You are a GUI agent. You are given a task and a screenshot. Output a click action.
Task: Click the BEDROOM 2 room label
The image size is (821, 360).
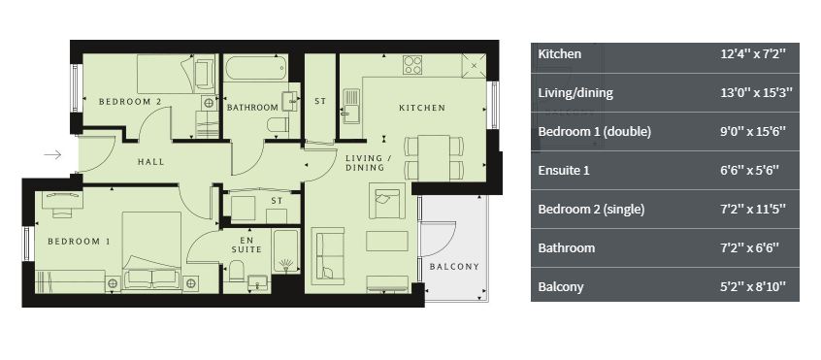point(130,102)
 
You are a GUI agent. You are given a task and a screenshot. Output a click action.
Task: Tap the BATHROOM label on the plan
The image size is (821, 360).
point(252,108)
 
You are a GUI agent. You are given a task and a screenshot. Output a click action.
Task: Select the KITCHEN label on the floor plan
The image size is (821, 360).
point(422,108)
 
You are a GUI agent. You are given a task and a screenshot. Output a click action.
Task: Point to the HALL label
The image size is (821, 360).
point(150,162)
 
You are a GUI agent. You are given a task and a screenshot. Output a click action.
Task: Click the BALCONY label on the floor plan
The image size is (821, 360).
point(454,266)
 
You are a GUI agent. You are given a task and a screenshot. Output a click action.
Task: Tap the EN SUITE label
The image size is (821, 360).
point(246,245)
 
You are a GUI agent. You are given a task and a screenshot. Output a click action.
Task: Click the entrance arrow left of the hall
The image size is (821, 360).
point(52,154)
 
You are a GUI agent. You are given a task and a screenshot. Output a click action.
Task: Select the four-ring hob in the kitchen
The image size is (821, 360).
point(412,65)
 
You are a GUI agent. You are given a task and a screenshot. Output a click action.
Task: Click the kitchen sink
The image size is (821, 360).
point(350,106)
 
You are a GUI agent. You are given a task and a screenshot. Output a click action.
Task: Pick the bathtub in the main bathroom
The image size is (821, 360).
point(255,69)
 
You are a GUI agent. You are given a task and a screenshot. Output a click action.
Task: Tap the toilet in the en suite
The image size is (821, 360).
point(236,271)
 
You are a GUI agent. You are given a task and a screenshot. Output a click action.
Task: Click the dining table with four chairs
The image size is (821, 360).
point(434,157)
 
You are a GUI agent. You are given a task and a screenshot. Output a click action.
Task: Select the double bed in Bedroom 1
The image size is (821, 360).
point(151,251)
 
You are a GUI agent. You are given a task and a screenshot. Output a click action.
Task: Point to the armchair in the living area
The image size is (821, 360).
point(387,201)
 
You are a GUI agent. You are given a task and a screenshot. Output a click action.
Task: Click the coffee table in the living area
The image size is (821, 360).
point(387,242)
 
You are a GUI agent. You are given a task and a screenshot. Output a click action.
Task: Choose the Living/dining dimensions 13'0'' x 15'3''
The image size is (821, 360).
point(756,93)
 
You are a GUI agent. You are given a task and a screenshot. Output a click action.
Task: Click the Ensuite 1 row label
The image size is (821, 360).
point(565,170)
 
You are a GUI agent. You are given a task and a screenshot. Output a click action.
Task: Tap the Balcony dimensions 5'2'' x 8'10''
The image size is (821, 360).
point(753,287)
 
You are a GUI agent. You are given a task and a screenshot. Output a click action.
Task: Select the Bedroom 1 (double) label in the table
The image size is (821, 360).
point(594,131)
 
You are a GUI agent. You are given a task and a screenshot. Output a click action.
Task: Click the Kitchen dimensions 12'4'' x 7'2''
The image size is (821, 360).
point(753,54)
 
